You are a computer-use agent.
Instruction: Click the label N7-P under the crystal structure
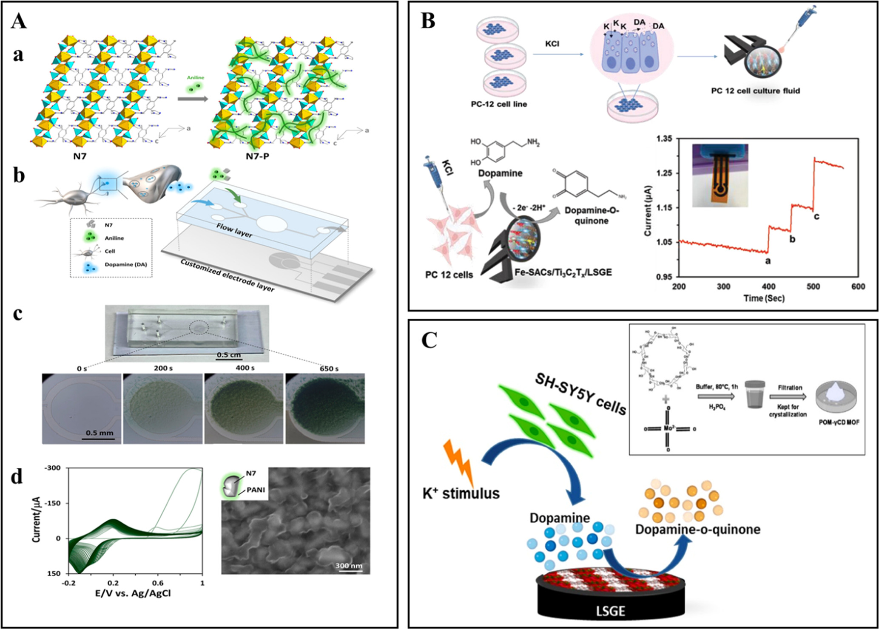click(257, 156)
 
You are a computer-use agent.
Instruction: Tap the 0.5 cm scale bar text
click(228, 355)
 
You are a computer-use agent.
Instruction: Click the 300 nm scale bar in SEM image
click(348, 566)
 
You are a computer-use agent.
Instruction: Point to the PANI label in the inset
click(255, 490)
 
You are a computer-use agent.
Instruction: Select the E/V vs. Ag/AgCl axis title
click(133, 593)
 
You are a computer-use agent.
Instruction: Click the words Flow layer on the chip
click(234, 230)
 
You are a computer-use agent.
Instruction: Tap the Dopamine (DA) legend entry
click(126, 264)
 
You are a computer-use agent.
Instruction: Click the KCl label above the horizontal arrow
click(552, 44)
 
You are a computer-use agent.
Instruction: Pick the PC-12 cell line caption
click(498, 104)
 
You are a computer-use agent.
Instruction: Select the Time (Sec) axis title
click(764, 298)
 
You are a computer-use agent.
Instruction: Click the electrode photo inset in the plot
click(720, 175)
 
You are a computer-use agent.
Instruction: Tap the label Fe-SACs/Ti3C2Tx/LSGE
click(563, 272)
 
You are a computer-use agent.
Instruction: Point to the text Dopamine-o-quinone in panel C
click(697, 530)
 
